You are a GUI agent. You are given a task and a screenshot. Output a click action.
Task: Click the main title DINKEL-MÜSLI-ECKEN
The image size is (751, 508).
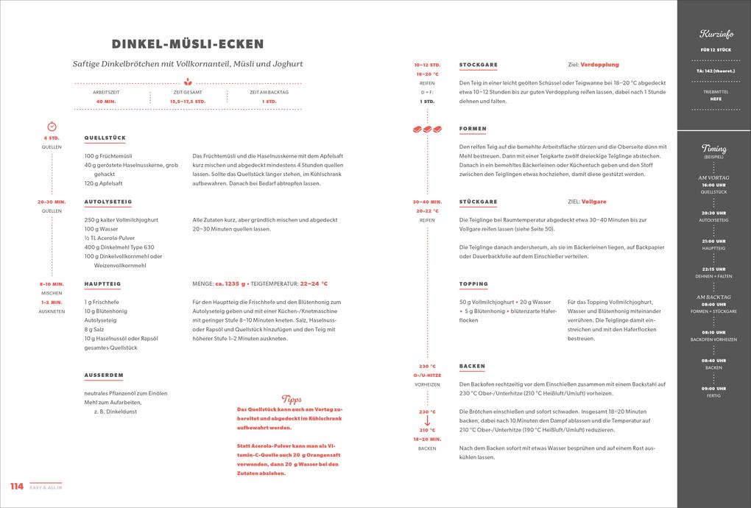(188, 45)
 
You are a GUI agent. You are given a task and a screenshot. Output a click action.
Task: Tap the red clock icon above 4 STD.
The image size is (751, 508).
(52, 127)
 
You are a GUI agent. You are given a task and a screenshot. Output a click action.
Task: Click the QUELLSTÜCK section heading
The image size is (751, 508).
(105, 138)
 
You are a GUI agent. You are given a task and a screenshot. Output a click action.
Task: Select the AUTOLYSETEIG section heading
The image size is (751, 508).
(107, 201)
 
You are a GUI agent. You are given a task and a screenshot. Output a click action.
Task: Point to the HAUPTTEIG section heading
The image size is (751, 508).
(102, 283)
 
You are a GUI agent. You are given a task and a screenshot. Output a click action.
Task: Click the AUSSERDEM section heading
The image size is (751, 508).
(103, 375)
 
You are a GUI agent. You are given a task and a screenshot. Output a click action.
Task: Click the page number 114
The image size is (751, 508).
(16, 487)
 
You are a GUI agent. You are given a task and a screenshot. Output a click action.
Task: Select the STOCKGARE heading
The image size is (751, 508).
(478, 64)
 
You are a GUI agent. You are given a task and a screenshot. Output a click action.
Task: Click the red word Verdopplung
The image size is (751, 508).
(599, 65)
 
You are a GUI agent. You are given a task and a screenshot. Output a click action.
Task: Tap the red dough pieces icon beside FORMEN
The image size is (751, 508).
(427, 130)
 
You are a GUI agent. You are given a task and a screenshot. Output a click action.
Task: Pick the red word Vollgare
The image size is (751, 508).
(593, 202)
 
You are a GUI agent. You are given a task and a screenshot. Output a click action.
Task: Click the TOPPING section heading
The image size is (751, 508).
(473, 283)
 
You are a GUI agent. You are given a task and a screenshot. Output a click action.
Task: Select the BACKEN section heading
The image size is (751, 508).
(472, 366)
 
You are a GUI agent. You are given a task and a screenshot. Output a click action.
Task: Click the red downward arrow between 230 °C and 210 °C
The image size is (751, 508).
(427, 421)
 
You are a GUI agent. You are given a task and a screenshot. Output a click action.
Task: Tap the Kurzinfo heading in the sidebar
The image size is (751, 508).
(713, 35)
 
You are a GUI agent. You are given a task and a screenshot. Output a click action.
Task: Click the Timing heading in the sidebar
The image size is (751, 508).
(713, 149)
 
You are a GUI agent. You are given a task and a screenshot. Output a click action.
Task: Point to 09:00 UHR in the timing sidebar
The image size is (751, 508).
(713, 388)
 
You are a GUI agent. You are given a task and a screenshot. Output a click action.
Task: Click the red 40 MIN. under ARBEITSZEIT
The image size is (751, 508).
(105, 101)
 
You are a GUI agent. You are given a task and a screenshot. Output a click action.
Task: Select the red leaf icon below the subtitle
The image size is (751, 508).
(188, 82)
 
